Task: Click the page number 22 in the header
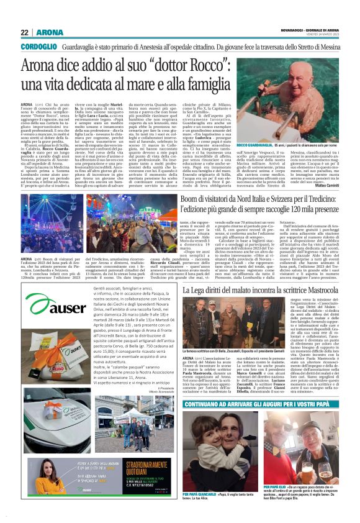coord(25,32)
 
